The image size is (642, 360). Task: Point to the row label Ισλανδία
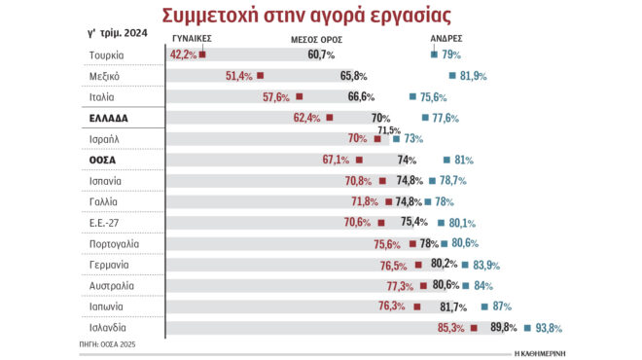point(107,328)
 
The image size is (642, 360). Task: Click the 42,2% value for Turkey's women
point(183,54)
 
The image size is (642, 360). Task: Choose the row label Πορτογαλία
point(111,243)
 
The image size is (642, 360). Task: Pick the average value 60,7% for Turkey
point(321,54)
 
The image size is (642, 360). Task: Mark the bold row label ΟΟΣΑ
point(103,160)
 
